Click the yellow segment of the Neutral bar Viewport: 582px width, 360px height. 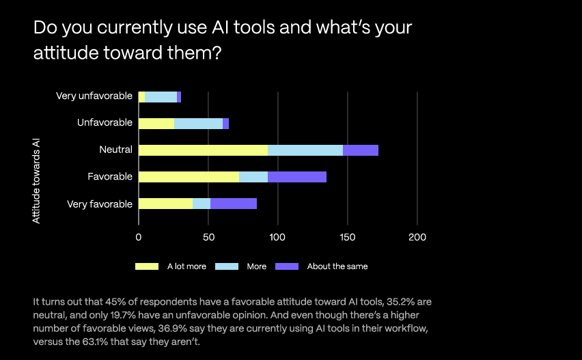[203, 150]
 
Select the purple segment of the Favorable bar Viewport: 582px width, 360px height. [297, 177]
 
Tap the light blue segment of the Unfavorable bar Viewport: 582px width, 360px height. [198, 124]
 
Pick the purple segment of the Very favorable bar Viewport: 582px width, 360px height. [234, 204]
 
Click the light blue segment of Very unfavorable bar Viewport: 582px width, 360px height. [161, 97]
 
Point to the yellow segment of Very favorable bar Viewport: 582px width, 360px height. [165, 204]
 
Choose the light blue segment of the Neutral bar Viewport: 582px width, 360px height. [305, 150]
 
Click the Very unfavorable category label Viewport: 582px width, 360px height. [94, 96]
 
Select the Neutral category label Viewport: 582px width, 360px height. [115, 150]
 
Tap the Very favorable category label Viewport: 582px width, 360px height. [100, 204]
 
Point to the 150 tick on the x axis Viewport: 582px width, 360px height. [347, 237]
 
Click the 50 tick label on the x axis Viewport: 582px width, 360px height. [208, 237]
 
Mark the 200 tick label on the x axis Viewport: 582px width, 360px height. [417, 237]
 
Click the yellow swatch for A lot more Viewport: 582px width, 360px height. [146, 266]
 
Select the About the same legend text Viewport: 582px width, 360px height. [337, 266]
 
